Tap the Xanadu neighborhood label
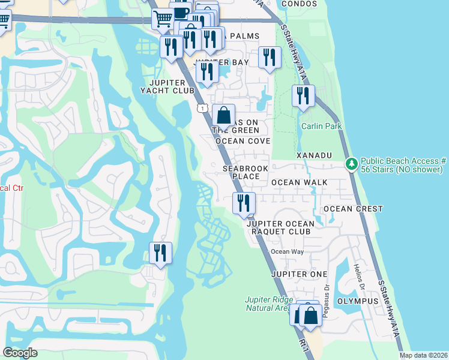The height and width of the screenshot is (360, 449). pos(314,155)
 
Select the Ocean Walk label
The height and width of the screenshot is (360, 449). pos(299,182)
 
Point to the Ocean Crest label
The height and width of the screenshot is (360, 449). pos(353,209)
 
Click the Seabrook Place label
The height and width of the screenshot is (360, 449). pos(246,173)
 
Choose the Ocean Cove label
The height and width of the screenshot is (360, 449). pos(243,141)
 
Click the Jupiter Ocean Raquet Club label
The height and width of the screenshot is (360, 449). pos(280,227)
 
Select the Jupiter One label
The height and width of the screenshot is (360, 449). pos(294,274)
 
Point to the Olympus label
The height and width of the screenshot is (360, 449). pos(358,301)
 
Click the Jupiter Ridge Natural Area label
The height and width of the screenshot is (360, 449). pos(267,304)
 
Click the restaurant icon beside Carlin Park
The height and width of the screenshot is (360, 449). pos(303,95)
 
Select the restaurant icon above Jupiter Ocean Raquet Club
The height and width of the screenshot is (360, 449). pos(244,202)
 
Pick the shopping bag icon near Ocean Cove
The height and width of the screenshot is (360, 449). pos(223,114)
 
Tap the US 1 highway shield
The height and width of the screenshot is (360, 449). pos(202,108)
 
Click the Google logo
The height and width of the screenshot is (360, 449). pos(20,353)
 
